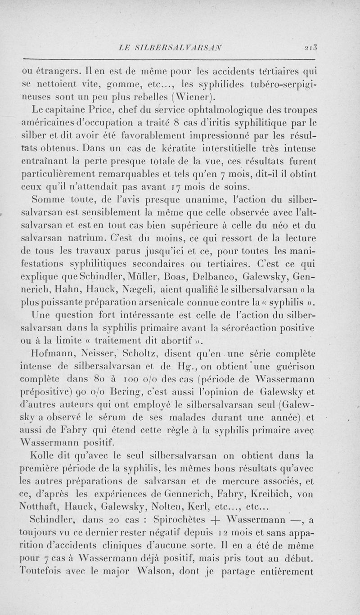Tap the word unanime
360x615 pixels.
click(205, 198)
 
